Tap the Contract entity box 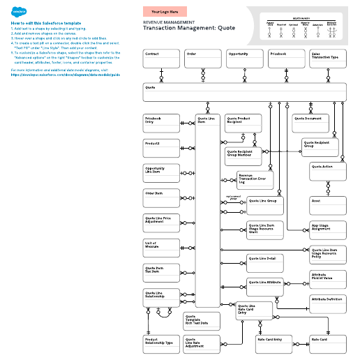coord(161,59)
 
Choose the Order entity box coord(203,59)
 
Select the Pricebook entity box coord(287,59)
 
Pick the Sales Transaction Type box coord(328,59)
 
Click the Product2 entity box coord(161,147)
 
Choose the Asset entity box coord(328,204)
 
